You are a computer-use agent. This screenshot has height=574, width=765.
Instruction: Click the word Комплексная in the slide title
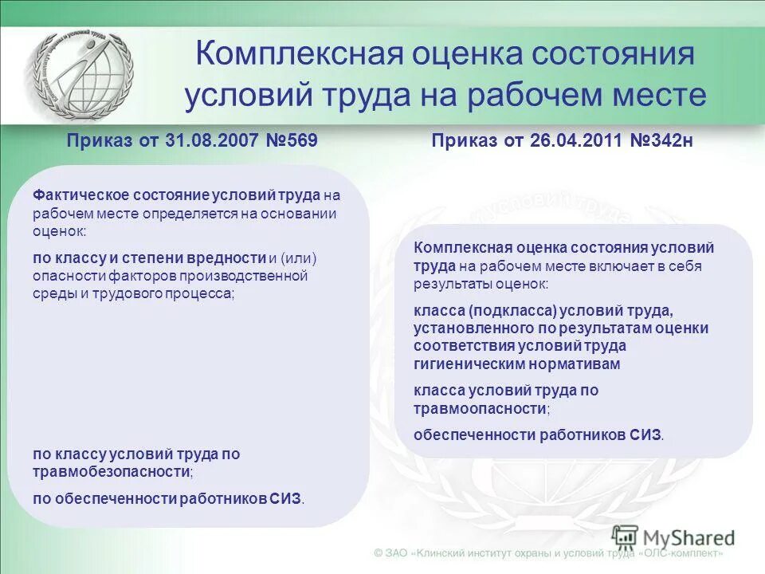[x=300, y=55]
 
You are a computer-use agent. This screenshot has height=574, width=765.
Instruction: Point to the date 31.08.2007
[x=210, y=141]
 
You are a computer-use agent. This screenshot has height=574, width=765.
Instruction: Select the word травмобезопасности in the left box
[x=112, y=472]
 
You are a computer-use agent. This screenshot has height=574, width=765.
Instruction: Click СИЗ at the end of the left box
[x=288, y=498]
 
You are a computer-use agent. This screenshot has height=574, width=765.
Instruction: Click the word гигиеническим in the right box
[x=459, y=364]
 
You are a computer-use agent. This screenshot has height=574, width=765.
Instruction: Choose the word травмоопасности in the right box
[x=481, y=408]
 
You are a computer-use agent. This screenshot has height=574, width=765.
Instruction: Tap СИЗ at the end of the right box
[x=646, y=434]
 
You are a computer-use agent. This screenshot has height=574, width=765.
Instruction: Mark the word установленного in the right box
[x=465, y=328]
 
